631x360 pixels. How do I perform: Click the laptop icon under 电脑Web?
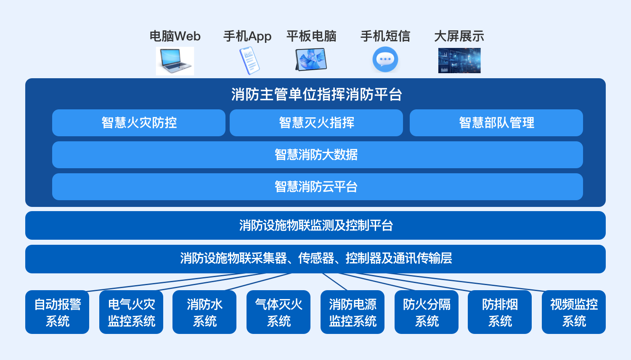coord(175,61)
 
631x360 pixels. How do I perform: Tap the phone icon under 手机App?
coord(249,61)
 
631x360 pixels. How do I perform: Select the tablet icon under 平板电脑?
coord(311,59)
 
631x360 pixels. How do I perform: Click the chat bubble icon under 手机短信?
coord(385,59)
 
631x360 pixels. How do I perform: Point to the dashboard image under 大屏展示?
coord(459,61)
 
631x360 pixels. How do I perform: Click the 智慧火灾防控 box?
coord(139,123)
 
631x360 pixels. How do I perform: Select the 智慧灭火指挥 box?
coord(316,123)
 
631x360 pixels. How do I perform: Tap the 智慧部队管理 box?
coord(496,123)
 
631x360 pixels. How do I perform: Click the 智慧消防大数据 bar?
coord(318,155)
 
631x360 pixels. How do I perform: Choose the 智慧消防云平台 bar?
coord(318,187)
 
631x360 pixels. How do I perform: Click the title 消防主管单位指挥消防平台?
coord(317,94)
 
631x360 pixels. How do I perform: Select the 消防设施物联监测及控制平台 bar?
coord(315,225)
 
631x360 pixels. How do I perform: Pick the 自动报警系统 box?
coord(57,312)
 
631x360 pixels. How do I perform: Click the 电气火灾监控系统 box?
coord(131,312)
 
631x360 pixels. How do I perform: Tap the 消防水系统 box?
coord(204,312)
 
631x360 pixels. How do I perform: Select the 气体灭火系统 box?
coord(278,312)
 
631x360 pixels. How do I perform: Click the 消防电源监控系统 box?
coord(353,312)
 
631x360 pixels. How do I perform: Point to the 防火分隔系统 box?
coord(427,312)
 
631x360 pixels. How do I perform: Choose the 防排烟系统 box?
coord(500,312)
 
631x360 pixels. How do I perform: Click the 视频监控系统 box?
coord(574,312)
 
